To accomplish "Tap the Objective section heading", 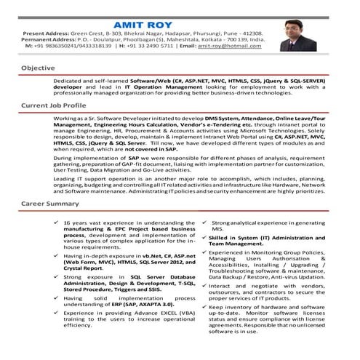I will coord(38,68).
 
